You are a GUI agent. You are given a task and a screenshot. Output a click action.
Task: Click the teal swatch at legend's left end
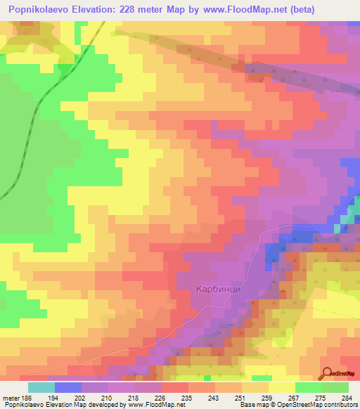(x=41, y=387)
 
